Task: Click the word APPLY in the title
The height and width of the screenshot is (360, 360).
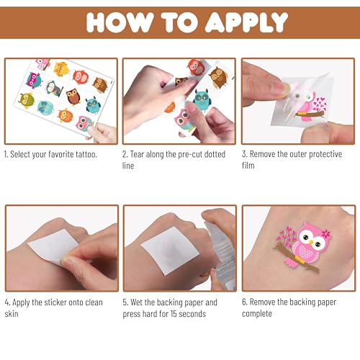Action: [x=246, y=22]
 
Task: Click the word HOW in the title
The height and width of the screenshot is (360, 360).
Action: [x=120, y=22]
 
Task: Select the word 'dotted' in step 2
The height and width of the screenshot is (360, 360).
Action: [x=215, y=154]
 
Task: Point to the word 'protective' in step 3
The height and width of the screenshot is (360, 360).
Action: [x=325, y=154]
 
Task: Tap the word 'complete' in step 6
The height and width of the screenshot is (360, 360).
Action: [x=257, y=314]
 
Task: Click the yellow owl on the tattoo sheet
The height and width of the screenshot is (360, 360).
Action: [x=61, y=68]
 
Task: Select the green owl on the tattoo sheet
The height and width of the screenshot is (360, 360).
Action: [x=27, y=100]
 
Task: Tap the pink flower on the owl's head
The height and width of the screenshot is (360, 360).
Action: [x=326, y=233]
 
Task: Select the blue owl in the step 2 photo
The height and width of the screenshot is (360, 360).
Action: [x=202, y=99]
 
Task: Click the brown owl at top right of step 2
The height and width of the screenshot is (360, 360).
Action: [x=218, y=77]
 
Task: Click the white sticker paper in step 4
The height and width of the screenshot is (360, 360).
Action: [x=53, y=246]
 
